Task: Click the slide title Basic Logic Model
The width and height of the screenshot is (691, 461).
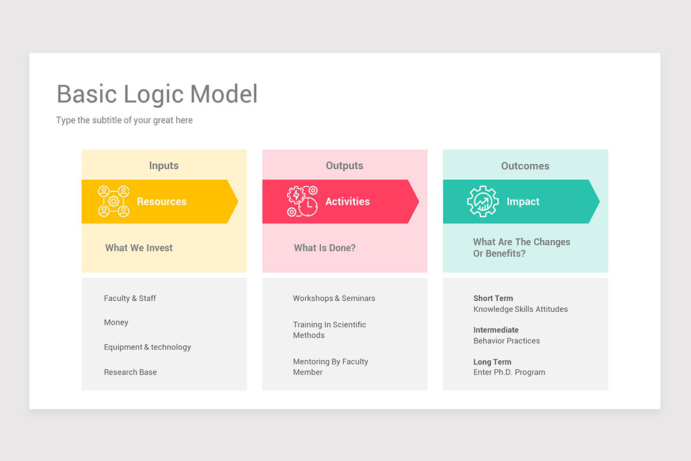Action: [157, 95]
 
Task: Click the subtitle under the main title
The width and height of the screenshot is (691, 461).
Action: [124, 120]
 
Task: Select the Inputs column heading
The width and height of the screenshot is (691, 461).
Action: [164, 166]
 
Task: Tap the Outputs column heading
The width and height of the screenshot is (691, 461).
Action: [344, 166]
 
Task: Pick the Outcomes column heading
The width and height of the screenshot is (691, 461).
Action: [525, 166]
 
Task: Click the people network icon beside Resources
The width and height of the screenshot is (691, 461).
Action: [113, 201]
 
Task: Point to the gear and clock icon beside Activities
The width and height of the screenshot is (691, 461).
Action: [302, 201]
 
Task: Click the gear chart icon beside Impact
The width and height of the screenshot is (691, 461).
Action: [483, 201]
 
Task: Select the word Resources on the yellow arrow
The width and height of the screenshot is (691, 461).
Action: [162, 202]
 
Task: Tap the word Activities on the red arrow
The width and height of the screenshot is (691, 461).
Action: [347, 202]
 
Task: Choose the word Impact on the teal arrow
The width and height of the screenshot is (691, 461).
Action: [523, 202]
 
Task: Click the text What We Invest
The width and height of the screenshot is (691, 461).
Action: [139, 248]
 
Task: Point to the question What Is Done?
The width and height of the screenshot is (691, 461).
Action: [325, 248]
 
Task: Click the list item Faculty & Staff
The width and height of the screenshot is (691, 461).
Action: [130, 298]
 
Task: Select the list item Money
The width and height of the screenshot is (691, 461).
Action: [116, 323]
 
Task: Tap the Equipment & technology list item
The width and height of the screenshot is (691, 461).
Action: [147, 347]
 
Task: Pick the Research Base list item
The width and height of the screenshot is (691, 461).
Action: [130, 372]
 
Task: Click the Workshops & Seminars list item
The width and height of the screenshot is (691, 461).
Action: [334, 298]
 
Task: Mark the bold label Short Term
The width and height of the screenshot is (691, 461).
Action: [493, 298]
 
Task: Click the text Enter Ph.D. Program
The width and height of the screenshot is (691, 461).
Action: [509, 372]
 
